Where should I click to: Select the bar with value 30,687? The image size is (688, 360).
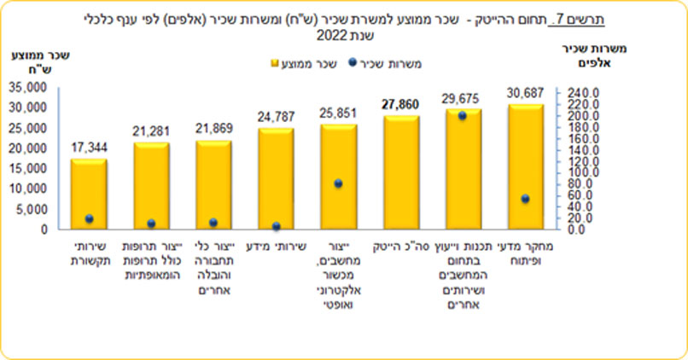pos(527,166)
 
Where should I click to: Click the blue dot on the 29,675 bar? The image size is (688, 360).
pos(463,116)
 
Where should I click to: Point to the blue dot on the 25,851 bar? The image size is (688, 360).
pos(338,183)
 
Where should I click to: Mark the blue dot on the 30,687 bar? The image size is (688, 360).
pos(526,199)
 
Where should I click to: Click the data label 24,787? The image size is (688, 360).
pos(277,117)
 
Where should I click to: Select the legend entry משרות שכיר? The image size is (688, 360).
pos(405,61)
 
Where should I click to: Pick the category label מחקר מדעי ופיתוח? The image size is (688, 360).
pos(528,253)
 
